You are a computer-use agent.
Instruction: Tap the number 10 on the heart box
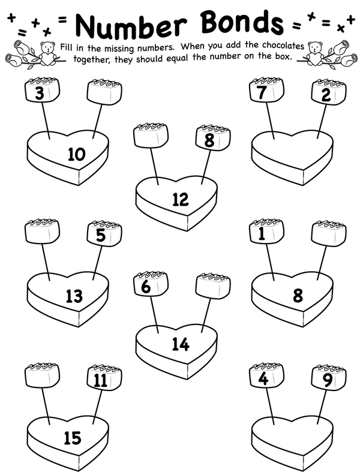tap(77, 154)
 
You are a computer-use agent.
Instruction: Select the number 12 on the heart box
tap(181, 199)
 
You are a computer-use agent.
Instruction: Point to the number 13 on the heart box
tap(74, 296)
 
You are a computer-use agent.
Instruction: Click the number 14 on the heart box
tap(181, 344)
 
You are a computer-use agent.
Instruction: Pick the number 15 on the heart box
tap(73, 438)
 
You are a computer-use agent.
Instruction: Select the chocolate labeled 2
tap(329, 92)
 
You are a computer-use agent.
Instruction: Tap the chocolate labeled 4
tap(266, 375)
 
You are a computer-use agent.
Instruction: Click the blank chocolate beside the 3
tap(104, 92)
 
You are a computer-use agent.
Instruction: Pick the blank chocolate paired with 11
tap(41, 375)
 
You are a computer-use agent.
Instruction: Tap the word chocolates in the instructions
tap(283, 45)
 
